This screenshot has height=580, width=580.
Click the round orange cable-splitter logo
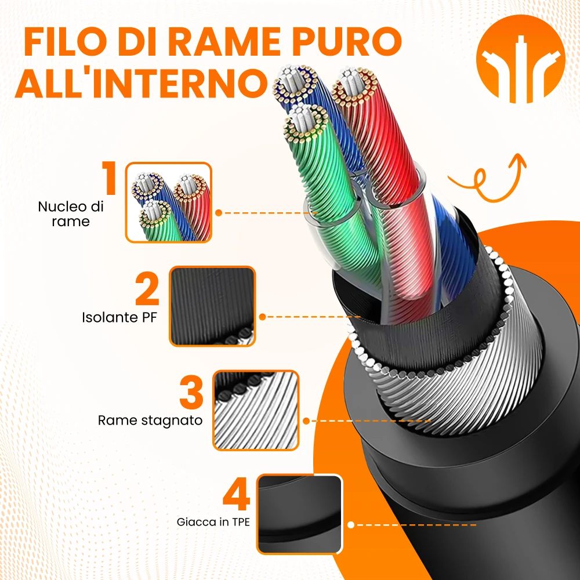[520, 59]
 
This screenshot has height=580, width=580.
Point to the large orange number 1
[109, 178]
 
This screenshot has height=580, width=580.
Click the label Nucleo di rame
[71, 214]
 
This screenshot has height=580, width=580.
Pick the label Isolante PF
[119, 317]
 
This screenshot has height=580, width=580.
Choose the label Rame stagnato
[150, 420]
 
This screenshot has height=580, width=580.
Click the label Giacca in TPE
[213, 522]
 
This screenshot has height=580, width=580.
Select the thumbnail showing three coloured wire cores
[169, 202]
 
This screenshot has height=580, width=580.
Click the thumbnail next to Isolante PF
[212, 306]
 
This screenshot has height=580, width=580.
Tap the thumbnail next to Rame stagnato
[256, 410]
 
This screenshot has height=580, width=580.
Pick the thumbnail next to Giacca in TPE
[300, 514]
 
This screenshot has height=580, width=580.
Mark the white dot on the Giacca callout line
[351, 525]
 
